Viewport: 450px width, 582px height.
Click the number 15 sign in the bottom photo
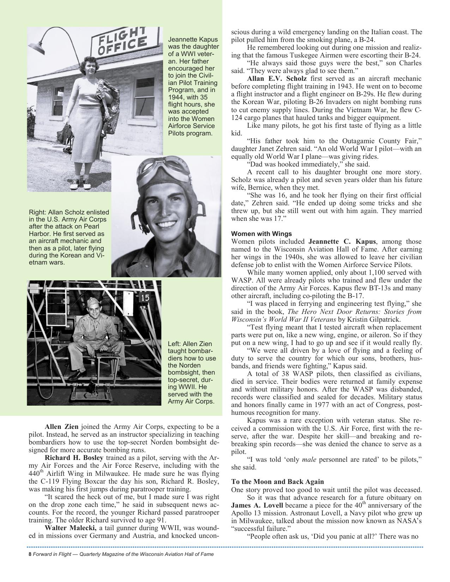[x=145, y=297]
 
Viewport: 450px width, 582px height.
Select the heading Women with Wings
[x=261, y=234]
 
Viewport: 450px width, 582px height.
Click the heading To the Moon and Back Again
[x=277, y=482]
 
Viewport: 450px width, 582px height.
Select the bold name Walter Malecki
[x=71, y=528]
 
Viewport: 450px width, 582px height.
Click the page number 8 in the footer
[x=30, y=554]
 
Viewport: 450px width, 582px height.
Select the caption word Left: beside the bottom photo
[x=175, y=344]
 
